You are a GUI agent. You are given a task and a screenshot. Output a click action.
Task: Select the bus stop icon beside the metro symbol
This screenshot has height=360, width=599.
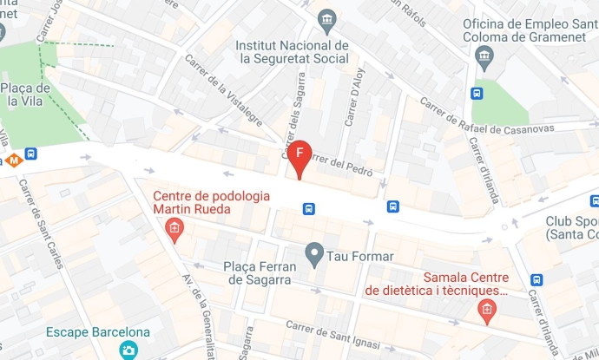coord(31,154)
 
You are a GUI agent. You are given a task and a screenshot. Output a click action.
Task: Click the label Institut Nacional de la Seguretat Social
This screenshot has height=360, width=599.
coord(293,52)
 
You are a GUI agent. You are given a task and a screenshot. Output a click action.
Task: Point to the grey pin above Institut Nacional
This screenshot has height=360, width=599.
coord(327,18)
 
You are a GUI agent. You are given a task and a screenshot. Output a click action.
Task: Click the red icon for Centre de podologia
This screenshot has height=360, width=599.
coord(174,229)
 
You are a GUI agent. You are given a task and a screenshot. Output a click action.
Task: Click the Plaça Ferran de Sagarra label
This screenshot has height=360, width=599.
coord(260,272)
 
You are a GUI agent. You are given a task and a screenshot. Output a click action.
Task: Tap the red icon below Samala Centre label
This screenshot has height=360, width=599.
coord(487,309)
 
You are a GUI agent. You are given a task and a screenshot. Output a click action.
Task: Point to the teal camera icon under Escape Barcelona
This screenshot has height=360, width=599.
coord(129,350)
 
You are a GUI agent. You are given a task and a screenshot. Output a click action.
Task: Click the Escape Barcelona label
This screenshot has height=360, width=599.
coord(98,332)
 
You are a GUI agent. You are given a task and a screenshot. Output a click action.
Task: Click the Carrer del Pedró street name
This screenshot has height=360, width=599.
coord(343,161)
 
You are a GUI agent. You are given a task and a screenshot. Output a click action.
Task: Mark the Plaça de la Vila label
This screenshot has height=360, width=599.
coord(25,93)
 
